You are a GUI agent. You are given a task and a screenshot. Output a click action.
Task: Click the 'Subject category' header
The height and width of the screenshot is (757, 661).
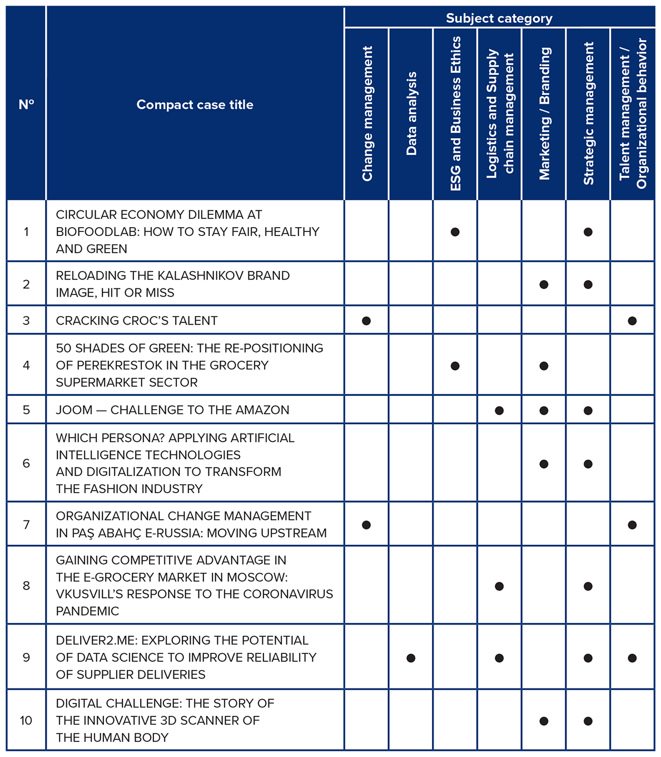pos(499,18)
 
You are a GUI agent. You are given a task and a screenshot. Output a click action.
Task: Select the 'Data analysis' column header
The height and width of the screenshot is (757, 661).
pos(411,114)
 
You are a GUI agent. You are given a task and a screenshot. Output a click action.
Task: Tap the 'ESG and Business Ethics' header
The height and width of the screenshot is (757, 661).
pos(456,114)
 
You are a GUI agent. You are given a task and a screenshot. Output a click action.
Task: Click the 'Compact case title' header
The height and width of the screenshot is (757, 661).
pos(195,105)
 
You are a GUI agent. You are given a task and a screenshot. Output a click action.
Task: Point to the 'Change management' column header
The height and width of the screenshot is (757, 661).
pos(367,114)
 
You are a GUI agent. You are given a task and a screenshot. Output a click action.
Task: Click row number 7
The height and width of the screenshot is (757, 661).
pos(26,524)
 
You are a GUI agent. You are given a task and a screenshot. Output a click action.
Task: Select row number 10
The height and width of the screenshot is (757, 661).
pos(26,720)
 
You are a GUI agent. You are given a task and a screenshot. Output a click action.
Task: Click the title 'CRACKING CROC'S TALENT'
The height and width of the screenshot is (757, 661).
pos(137,321)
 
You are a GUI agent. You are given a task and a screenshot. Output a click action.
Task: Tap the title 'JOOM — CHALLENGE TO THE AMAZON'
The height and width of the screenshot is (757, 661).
pos(172,410)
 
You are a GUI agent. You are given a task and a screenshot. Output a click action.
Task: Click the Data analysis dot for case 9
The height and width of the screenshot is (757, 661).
pos(411,658)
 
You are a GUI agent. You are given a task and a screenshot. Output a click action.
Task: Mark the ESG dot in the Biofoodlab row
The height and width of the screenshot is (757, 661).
pos(455,232)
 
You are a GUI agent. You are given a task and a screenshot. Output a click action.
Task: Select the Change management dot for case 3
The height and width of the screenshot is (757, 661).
pos(366,321)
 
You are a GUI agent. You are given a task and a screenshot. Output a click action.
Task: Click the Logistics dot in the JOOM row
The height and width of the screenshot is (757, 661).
pos(499,411)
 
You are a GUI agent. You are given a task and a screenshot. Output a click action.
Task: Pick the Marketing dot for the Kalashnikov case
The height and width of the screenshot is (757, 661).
pos(544,284)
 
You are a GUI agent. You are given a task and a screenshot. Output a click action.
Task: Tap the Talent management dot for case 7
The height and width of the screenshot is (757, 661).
pos(632,525)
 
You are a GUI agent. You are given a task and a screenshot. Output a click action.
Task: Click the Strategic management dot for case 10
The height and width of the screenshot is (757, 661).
pos(588,721)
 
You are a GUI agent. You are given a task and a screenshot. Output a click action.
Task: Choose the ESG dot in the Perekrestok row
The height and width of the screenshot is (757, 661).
pos(455,366)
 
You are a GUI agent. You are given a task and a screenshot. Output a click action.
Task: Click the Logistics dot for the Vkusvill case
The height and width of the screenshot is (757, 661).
pos(499,586)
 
